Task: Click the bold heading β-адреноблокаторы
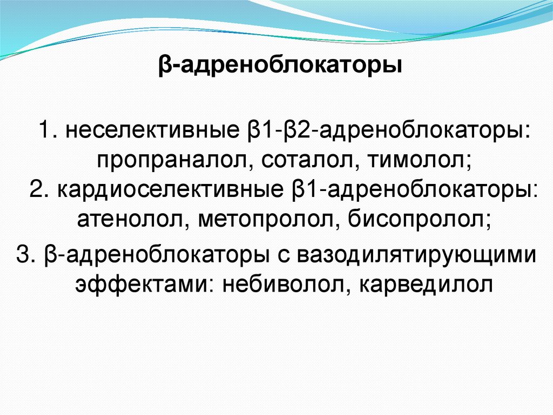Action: (280, 68)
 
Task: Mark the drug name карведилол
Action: (416, 283)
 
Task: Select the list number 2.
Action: (38, 191)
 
